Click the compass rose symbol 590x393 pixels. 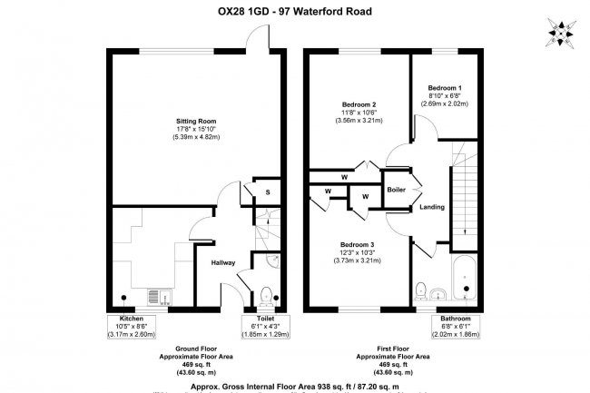[561, 34]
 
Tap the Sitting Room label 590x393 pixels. [196, 120]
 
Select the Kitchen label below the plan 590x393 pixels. [126, 319]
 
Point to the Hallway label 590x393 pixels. [223, 262]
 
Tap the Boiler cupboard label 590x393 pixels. [396, 191]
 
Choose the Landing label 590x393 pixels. [432, 207]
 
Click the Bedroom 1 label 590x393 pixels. [446, 84]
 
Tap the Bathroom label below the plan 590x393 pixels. [456, 319]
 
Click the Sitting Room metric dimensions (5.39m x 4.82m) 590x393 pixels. [196, 137]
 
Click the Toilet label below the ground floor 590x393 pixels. [265, 319]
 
